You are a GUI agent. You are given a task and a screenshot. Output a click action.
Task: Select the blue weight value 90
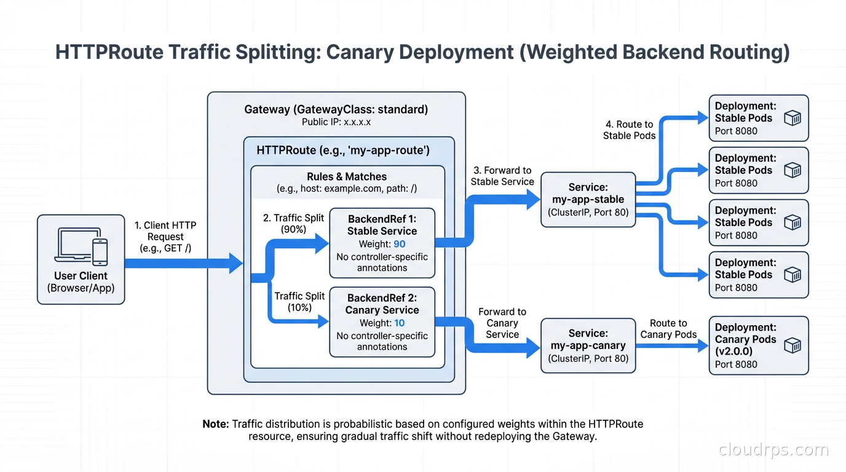(x=399, y=244)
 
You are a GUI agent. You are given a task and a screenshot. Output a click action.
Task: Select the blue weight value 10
(x=399, y=323)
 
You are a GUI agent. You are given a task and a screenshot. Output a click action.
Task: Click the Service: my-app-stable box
(x=588, y=200)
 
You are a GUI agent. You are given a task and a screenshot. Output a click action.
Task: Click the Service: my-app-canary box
(x=588, y=345)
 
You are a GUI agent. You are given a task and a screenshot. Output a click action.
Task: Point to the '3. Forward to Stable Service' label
(x=502, y=176)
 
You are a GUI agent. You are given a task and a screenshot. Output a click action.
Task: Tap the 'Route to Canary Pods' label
(x=668, y=329)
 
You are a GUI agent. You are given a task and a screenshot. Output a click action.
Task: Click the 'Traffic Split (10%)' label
(x=299, y=302)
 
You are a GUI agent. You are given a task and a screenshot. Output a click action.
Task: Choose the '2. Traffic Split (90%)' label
(x=293, y=223)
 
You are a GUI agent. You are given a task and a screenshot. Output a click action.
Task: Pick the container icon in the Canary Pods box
(x=793, y=345)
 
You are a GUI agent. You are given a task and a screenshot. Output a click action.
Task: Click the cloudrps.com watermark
(x=773, y=450)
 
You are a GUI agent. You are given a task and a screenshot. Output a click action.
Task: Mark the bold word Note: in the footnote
(x=216, y=424)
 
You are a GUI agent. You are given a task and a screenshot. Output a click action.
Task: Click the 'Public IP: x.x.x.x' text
(x=336, y=122)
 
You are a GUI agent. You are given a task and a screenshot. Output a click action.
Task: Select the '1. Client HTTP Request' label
(x=165, y=237)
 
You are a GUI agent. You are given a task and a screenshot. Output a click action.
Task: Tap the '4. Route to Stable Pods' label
(x=629, y=130)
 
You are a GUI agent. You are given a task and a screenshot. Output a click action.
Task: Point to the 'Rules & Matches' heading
(x=347, y=176)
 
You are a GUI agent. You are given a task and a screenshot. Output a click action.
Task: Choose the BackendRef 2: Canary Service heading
(x=382, y=304)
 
